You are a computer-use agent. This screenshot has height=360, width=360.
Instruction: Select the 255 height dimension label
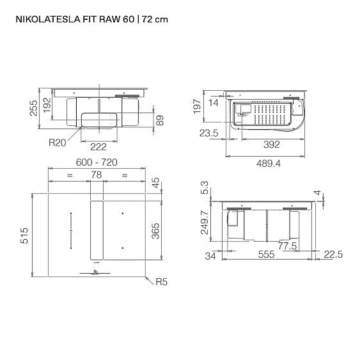(33, 108)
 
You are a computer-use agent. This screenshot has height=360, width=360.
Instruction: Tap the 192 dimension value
(47, 105)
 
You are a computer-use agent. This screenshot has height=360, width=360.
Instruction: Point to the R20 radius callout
(57, 143)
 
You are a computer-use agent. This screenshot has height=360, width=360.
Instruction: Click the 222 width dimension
(98, 147)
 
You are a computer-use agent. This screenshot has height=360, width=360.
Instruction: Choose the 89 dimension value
(160, 120)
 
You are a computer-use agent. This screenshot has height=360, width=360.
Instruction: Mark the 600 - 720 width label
(97, 162)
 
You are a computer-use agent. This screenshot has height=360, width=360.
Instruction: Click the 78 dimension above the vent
(96, 175)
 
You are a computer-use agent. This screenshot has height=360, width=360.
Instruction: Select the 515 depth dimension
(24, 235)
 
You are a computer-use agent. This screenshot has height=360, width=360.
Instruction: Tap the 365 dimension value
(155, 231)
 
